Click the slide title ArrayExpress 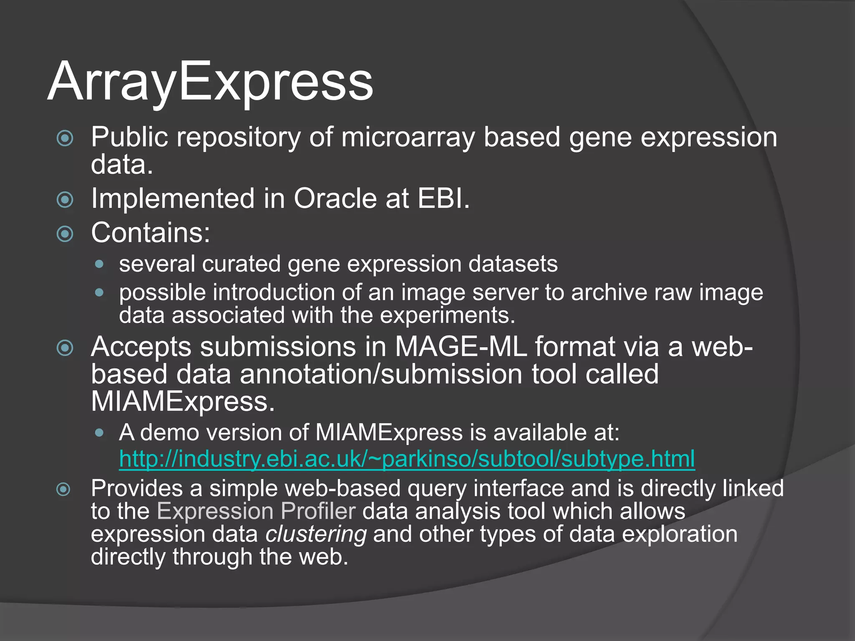[x=210, y=82]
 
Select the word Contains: [x=150, y=233]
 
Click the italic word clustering [x=316, y=534]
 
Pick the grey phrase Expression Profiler [x=256, y=511]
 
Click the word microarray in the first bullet [x=408, y=137]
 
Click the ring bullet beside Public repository [x=65, y=138]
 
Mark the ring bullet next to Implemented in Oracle [x=65, y=199]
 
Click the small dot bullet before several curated [x=99, y=264]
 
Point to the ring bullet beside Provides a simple [x=63, y=489]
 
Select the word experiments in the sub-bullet [x=447, y=315]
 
